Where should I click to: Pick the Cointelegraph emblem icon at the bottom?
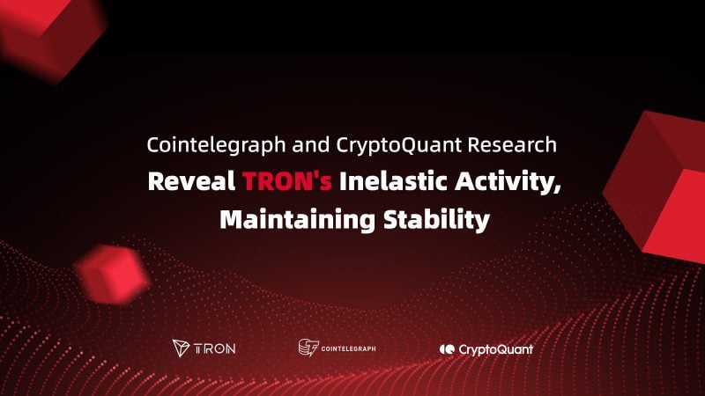pos(308,348)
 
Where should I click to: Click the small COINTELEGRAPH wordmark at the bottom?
pos(348,348)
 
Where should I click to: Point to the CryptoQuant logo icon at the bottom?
pos(447,349)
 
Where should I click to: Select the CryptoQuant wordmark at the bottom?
pos(495,349)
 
